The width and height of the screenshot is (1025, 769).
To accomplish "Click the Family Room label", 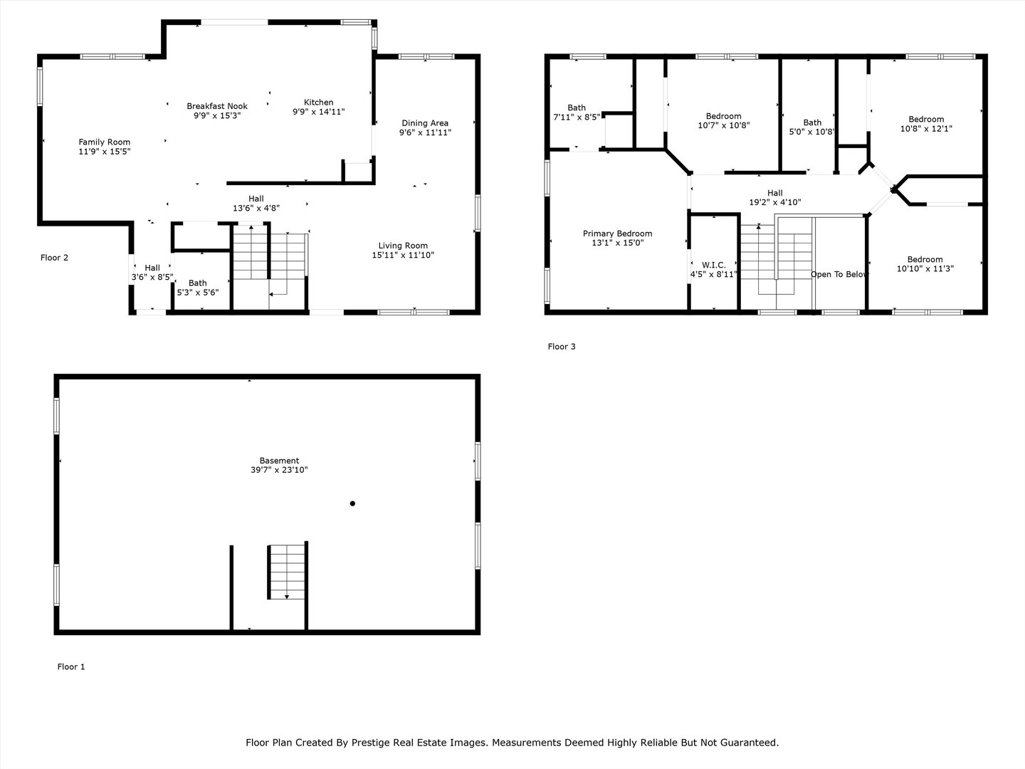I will pyautogui.click(x=105, y=142).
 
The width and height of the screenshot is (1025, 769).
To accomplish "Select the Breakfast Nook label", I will pyautogui.click(x=217, y=106).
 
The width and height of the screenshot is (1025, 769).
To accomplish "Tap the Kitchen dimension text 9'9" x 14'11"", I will pyautogui.click(x=318, y=112).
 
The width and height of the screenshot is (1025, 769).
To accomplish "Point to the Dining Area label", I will pyautogui.click(x=425, y=123).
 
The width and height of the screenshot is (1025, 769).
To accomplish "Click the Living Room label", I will pyautogui.click(x=403, y=246).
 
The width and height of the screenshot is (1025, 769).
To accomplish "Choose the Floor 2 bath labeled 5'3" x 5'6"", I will pyautogui.click(x=198, y=288).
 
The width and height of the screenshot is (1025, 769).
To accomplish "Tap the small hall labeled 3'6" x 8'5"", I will pyautogui.click(x=152, y=273).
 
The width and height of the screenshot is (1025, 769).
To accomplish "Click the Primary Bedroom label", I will pyautogui.click(x=617, y=234).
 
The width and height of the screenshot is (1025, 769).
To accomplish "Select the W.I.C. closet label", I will pyautogui.click(x=713, y=266).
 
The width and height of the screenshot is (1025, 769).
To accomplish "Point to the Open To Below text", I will pyautogui.click(x=839, y=274).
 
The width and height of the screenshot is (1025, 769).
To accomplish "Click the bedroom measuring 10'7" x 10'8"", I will pyautogui.click(x=723, y=120).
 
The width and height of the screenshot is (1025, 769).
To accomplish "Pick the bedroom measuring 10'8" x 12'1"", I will pyautogui.click(x=926, y=124).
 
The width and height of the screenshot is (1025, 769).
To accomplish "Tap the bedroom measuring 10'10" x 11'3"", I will pyautogui.click(x=925, y=264).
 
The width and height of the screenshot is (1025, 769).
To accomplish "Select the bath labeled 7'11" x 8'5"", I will pyautogui.click(x=577, y=112).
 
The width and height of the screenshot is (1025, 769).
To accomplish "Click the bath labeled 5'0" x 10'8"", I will pyautogui.click(x=812, y=127).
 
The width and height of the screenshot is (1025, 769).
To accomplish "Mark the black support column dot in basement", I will pyautogui.click(x=352, y=503).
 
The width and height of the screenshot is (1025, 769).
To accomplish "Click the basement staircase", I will pyautogui.click(x=287, y=572).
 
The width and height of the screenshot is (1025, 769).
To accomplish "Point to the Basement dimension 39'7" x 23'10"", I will pyautogui.click(x=279, y=470).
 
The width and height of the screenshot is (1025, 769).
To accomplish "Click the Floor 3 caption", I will pyautogui.click(x=561, y=347).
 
